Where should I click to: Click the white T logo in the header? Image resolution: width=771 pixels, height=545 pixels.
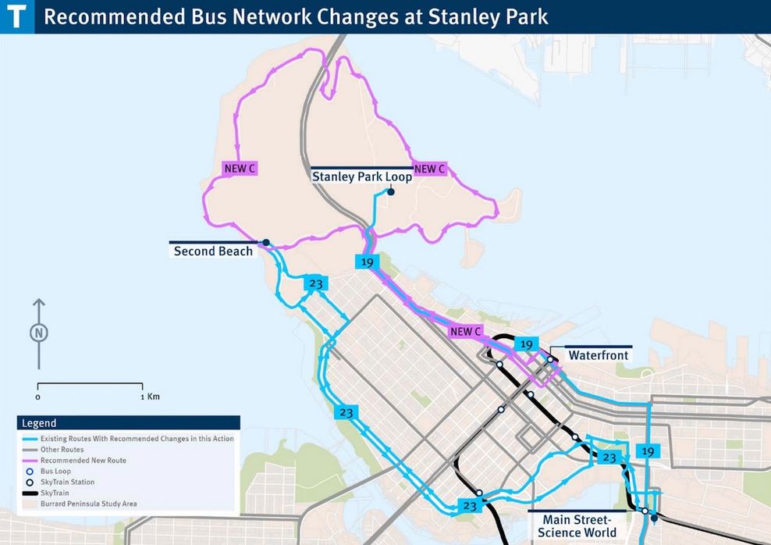17,16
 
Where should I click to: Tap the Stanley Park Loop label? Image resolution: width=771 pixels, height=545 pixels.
362,177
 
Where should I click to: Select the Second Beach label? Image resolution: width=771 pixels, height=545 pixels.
213,251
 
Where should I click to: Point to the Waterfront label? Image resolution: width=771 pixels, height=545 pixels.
598,355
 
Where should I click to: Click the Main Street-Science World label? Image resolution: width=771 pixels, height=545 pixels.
576,525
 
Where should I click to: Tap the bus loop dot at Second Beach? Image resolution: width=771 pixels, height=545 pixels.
266,242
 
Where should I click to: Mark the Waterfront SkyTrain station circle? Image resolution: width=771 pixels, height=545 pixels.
550,360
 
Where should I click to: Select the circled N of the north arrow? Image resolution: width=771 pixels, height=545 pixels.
39,333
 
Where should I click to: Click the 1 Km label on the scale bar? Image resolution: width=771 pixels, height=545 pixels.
150,397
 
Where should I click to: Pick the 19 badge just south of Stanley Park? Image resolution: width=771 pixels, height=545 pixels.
366,262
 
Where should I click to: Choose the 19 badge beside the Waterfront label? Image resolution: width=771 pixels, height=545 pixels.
527,344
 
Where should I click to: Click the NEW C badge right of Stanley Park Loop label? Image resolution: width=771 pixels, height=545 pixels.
429,169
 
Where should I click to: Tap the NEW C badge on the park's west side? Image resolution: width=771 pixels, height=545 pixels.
240,169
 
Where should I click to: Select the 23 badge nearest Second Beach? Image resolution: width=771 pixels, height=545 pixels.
316,283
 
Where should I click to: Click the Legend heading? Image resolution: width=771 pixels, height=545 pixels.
39,423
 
